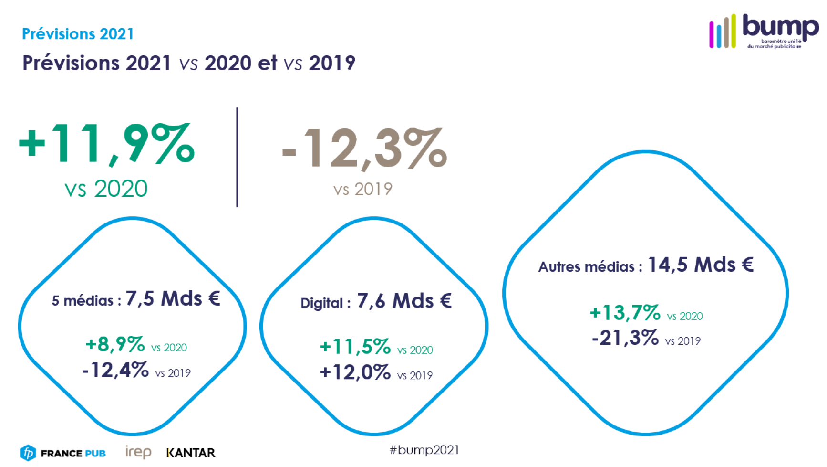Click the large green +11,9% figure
click(x=106, y=144)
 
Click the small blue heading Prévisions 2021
click(x=78, y=34)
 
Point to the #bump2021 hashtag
click(x=424, y=450)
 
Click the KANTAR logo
click(x=191, y=453)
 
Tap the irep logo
click(x=138, y=452)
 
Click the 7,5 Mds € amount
click(x=173, y=299)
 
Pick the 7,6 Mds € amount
click(x=404, y=301)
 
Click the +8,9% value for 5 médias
click(x=115, y=344)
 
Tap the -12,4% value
click(x=115, y=370)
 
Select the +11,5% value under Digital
click(x=355, y=347)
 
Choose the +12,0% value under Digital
click(x=355, y=372)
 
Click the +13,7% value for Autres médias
click(x=625, y=313)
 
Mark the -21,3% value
click(x=625, y=338)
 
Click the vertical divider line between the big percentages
click(x=237, y=157)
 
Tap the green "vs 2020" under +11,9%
click(x=106, y=189)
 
